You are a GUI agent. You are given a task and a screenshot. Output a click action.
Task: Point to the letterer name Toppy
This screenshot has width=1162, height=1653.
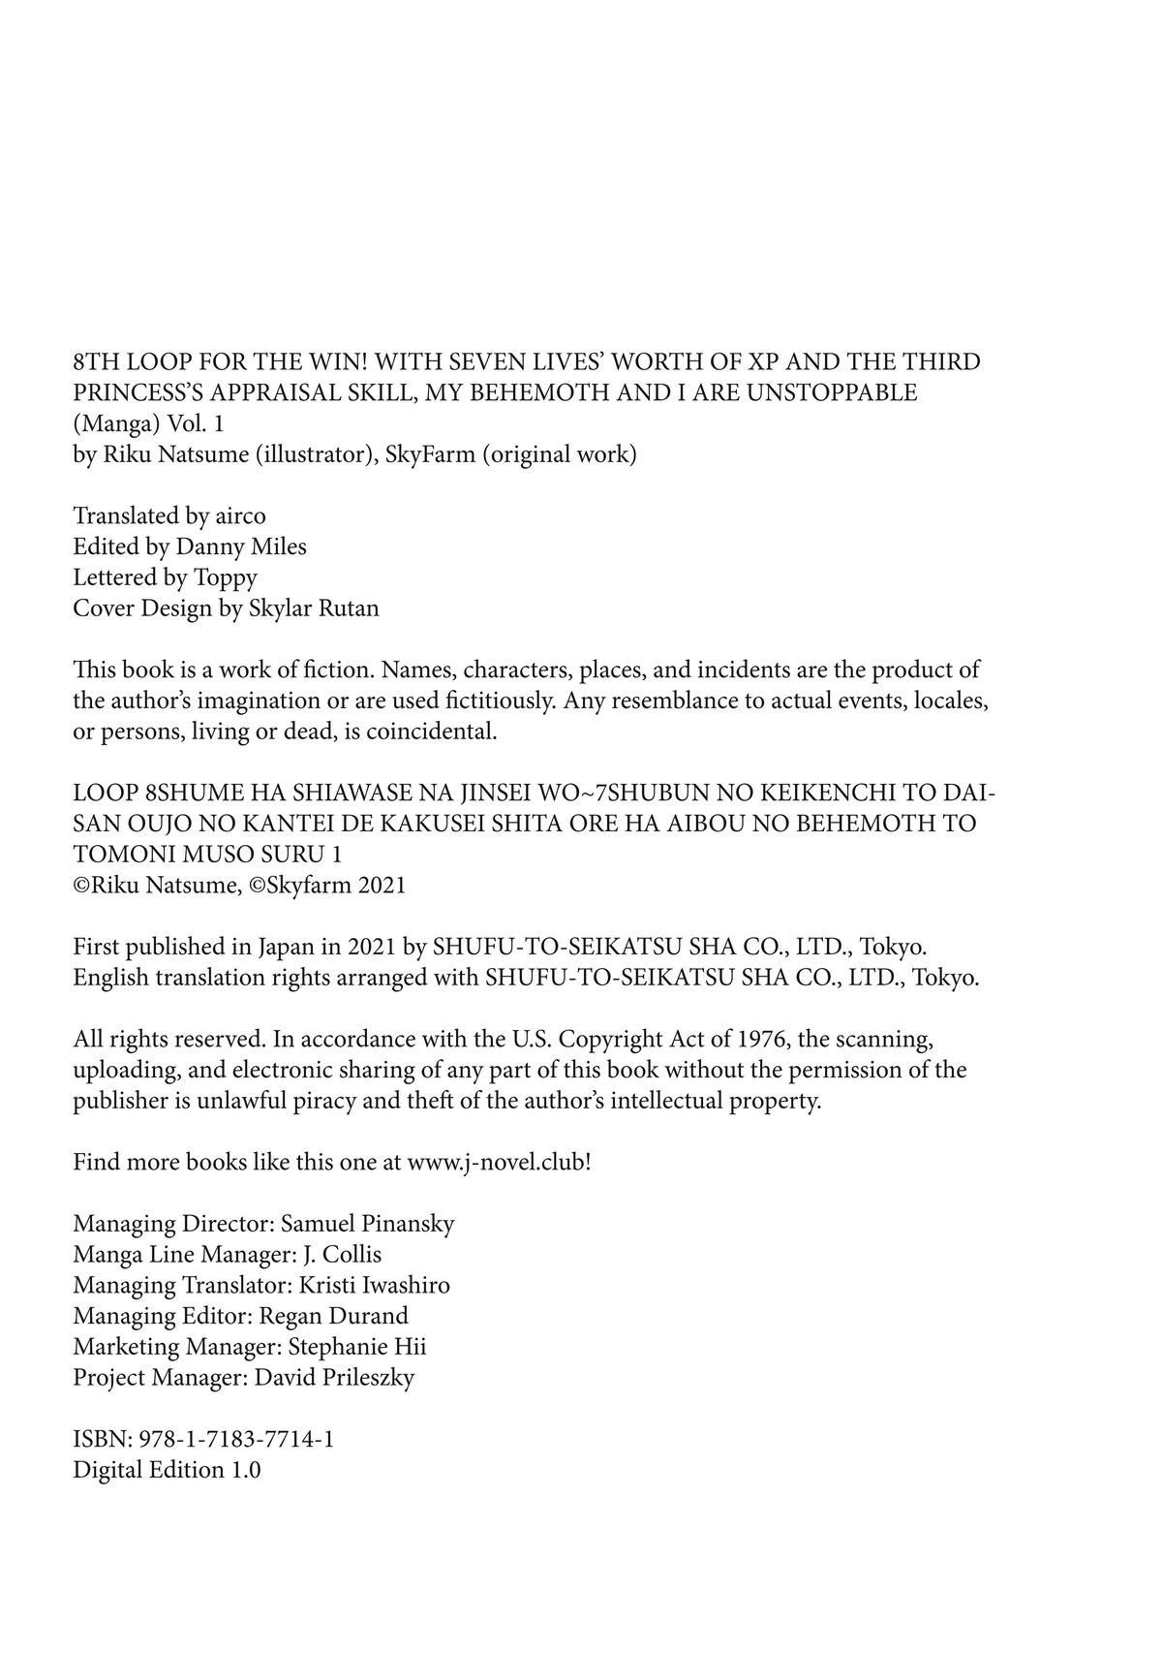[x=226, y=577]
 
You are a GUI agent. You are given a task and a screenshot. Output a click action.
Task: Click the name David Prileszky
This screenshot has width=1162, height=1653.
[x=334, y=1378]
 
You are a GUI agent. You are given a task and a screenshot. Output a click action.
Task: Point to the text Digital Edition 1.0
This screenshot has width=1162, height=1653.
[x=167, y=1470]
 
